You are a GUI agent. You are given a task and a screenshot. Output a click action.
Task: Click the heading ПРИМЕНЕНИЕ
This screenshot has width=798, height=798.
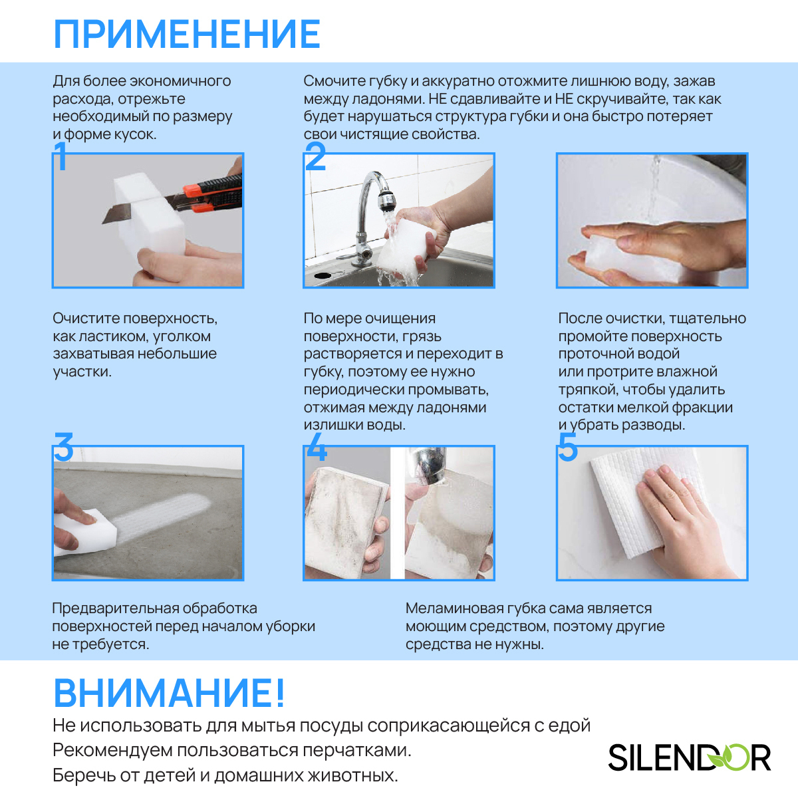point(187,34)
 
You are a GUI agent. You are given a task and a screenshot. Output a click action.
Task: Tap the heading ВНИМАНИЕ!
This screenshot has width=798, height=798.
point(170,693)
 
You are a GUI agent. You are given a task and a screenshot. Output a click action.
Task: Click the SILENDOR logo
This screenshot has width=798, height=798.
point(689,757)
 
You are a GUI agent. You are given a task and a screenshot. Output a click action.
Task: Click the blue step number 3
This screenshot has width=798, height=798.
point(64,447)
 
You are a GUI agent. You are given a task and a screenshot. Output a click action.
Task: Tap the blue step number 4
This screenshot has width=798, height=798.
point(317,447)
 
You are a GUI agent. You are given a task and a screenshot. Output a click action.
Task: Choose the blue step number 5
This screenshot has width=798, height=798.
point(568,447)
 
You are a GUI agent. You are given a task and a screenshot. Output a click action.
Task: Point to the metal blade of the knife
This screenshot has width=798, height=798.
point(117,212)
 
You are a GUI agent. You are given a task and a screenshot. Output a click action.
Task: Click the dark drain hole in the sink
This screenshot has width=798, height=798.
point(323,275)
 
